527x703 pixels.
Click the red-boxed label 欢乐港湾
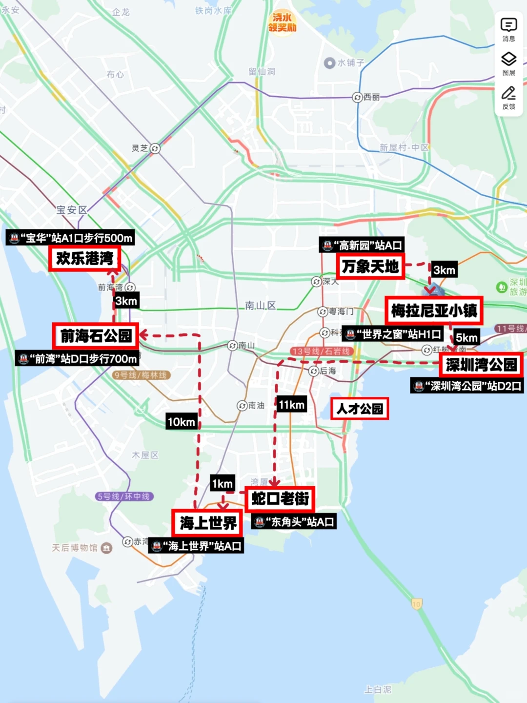click(84, 258)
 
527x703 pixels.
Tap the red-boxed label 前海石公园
click(96, 336)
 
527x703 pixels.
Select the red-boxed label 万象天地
click(370, 267)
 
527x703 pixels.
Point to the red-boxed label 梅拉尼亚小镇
click(434, 310)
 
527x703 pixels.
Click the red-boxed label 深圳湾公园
click(481, 365)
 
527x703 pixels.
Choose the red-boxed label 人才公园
click(360, 409)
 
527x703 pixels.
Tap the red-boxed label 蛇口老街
click(280, 498)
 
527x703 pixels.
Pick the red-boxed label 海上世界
click(208, 523)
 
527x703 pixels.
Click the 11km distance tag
click(291, 404)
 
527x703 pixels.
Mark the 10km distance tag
click(182, 422)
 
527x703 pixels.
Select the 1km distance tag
click(222, 484)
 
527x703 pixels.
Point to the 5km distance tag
click(466, 337)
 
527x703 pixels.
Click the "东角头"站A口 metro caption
click(294, 522)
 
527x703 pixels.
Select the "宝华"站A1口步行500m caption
click(70, 238)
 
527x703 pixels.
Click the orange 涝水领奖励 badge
click(282, 22)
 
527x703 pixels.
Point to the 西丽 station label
click(366, 97)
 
